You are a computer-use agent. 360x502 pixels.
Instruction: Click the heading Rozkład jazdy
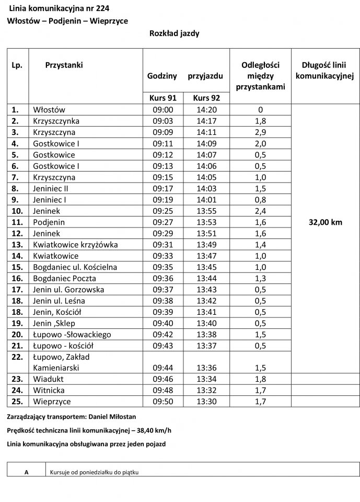tap(174, 33)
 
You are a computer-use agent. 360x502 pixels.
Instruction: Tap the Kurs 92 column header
tap(206, 98)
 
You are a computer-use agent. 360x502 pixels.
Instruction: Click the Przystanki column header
tap(64, 65)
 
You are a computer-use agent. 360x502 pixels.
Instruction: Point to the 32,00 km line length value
tap(326, 222)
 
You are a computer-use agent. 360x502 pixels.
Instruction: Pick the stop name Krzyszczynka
tap(56, 121)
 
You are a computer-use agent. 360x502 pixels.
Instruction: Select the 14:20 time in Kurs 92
tap(206, 110)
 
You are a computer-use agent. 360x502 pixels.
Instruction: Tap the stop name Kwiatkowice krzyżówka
tap(75, 244)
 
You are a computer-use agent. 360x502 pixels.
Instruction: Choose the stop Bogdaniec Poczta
tap(64, 278)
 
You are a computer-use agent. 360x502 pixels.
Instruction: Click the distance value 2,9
tap(260, 132)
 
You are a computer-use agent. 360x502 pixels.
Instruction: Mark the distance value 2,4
tap(260, 211)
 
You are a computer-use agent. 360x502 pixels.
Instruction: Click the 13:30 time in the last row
tap(206, 402)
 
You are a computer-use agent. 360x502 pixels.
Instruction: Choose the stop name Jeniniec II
tap(50, 188)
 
